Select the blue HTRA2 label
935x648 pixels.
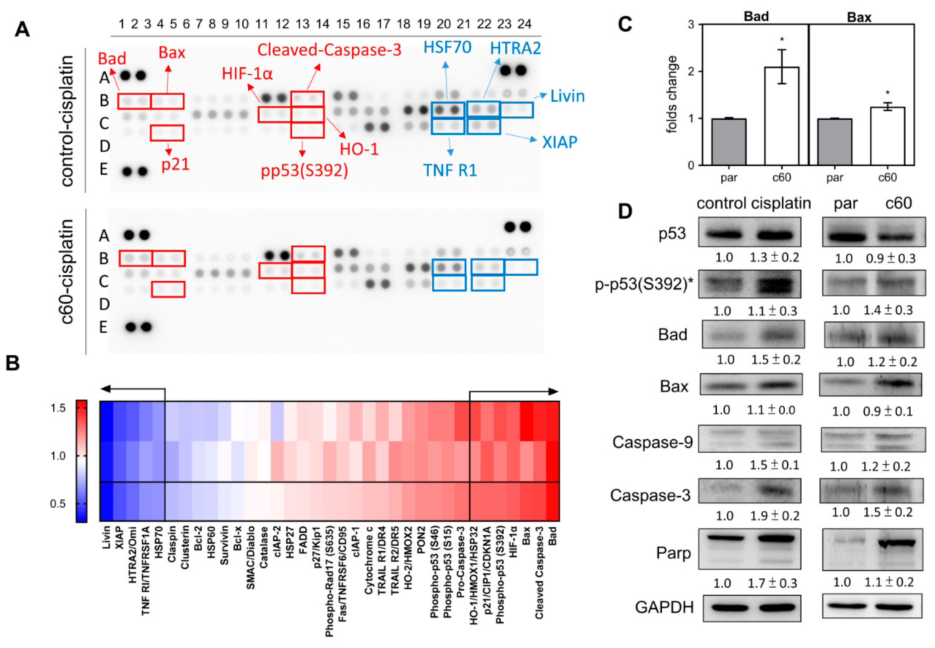click(x=515, y=48)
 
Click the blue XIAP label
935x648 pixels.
click(x=559, y=142)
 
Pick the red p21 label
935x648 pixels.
click(x=176, y=165)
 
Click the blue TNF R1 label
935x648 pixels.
click(x=450, y=170)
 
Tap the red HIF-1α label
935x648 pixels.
click(x=247, y=74)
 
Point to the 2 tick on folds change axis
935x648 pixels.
click(x=691, y=71)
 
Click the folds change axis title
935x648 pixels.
click(x=672, y=94)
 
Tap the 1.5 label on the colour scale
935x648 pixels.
click(x=58, y=408)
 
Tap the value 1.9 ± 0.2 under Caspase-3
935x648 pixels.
click(x=774, y=516)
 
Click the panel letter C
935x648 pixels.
click(x=625, y=24)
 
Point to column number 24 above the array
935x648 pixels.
click(x=524, y=24)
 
